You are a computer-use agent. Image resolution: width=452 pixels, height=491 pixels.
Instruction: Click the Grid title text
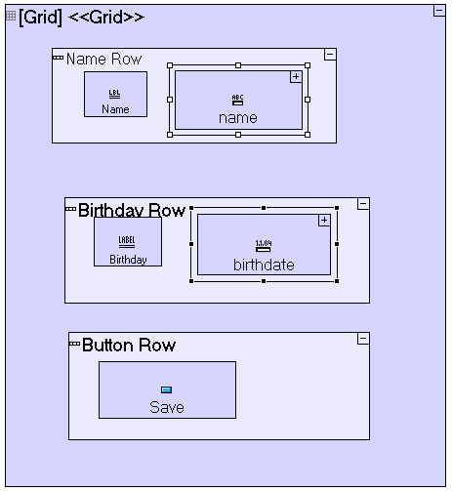click(81, 18)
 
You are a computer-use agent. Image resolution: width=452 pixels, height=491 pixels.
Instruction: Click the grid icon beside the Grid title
click(11, 16)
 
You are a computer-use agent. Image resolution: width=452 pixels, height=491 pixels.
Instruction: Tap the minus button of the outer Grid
click(439, 11)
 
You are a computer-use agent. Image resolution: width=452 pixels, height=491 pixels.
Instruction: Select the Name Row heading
click(103, 60)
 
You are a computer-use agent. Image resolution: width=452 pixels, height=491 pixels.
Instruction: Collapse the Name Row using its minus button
click(330, 55)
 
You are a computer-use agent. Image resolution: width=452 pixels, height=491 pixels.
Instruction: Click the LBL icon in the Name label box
click(114, 94)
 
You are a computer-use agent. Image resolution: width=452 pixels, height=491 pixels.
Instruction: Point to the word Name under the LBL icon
click(115, 109)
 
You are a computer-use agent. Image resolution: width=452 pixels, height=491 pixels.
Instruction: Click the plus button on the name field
click(296, 77)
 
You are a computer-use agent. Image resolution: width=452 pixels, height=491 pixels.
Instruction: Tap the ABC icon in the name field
click(237, 100)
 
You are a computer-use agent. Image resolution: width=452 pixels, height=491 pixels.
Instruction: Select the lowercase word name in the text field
click(238, 118)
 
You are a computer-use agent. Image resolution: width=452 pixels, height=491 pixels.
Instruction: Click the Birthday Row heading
click(132, 210)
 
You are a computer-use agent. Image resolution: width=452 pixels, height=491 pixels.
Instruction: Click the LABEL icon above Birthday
click(127, 242)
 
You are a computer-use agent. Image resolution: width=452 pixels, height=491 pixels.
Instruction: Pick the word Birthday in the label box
click(128, 260)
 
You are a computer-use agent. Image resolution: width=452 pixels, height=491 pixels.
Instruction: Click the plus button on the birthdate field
click(324, 221)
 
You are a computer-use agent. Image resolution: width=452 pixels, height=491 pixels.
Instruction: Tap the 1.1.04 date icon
click(264, 246)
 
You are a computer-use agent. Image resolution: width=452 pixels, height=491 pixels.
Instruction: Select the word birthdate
click(264, 266)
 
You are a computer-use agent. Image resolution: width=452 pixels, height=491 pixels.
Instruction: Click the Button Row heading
click(129, 346)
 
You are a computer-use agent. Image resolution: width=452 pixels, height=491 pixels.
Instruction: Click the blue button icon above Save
click(167, 389)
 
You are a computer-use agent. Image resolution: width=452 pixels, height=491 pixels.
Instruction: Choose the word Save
click(167, 407)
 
